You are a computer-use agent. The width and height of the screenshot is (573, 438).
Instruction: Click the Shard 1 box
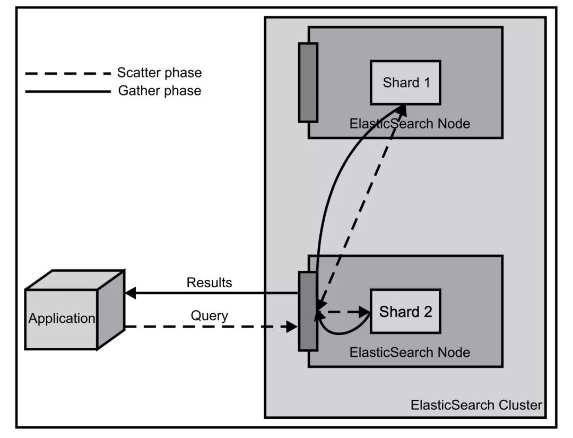tap(405, 82)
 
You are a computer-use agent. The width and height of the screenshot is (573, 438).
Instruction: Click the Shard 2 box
tap(405, 311)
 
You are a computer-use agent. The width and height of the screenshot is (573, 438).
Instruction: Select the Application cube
tap(62, 319)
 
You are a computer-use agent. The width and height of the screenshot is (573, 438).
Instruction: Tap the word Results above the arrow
tap(209, 282)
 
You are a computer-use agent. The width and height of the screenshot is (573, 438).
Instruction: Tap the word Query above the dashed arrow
tap(209, 316)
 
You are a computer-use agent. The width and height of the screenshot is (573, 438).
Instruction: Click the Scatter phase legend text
tap(159, 72)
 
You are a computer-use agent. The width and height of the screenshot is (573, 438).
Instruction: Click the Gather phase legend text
tap(159, 90)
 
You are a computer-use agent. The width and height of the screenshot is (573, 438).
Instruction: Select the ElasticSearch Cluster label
tap(476, 405)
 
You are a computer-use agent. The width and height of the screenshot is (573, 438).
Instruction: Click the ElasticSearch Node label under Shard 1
tap(409, 124)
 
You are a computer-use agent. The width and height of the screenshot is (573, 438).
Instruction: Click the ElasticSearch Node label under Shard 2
tap(409, 352)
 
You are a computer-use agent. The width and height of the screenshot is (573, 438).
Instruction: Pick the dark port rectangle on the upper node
tap(308, 82)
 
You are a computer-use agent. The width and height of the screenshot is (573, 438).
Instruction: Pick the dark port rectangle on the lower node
tap(308, 311)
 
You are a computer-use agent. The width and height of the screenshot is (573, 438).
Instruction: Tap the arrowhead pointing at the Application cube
tap(131, 293)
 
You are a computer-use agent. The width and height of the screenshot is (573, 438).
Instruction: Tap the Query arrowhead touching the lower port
tap(292, 327)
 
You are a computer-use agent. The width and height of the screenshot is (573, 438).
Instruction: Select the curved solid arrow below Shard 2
tap(340, 331)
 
